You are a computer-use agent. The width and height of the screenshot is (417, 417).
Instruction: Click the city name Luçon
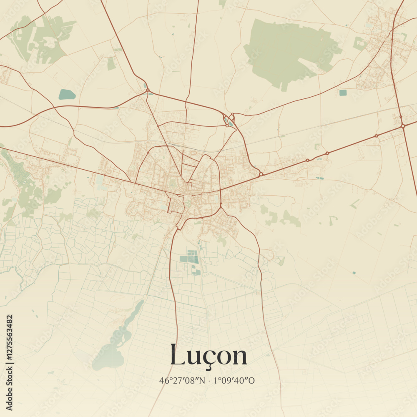click(208, 356)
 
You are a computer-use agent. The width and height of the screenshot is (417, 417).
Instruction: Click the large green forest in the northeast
click(288, 52)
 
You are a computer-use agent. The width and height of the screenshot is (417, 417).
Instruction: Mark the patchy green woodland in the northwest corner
click(40, 40)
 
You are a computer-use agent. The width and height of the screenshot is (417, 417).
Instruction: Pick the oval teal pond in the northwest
click(67, 95)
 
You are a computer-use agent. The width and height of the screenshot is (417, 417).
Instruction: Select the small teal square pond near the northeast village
click(343, 93)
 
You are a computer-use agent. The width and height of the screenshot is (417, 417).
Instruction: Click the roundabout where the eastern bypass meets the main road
click(261, 174)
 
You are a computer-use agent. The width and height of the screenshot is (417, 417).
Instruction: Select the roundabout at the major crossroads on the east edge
click(403, 126)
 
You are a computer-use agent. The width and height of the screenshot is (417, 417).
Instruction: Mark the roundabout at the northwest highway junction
click(148, 90)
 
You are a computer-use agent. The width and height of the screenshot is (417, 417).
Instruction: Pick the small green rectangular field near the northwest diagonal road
click(111, 64)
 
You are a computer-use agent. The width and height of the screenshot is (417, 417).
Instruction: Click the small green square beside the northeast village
click(359, 43)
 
